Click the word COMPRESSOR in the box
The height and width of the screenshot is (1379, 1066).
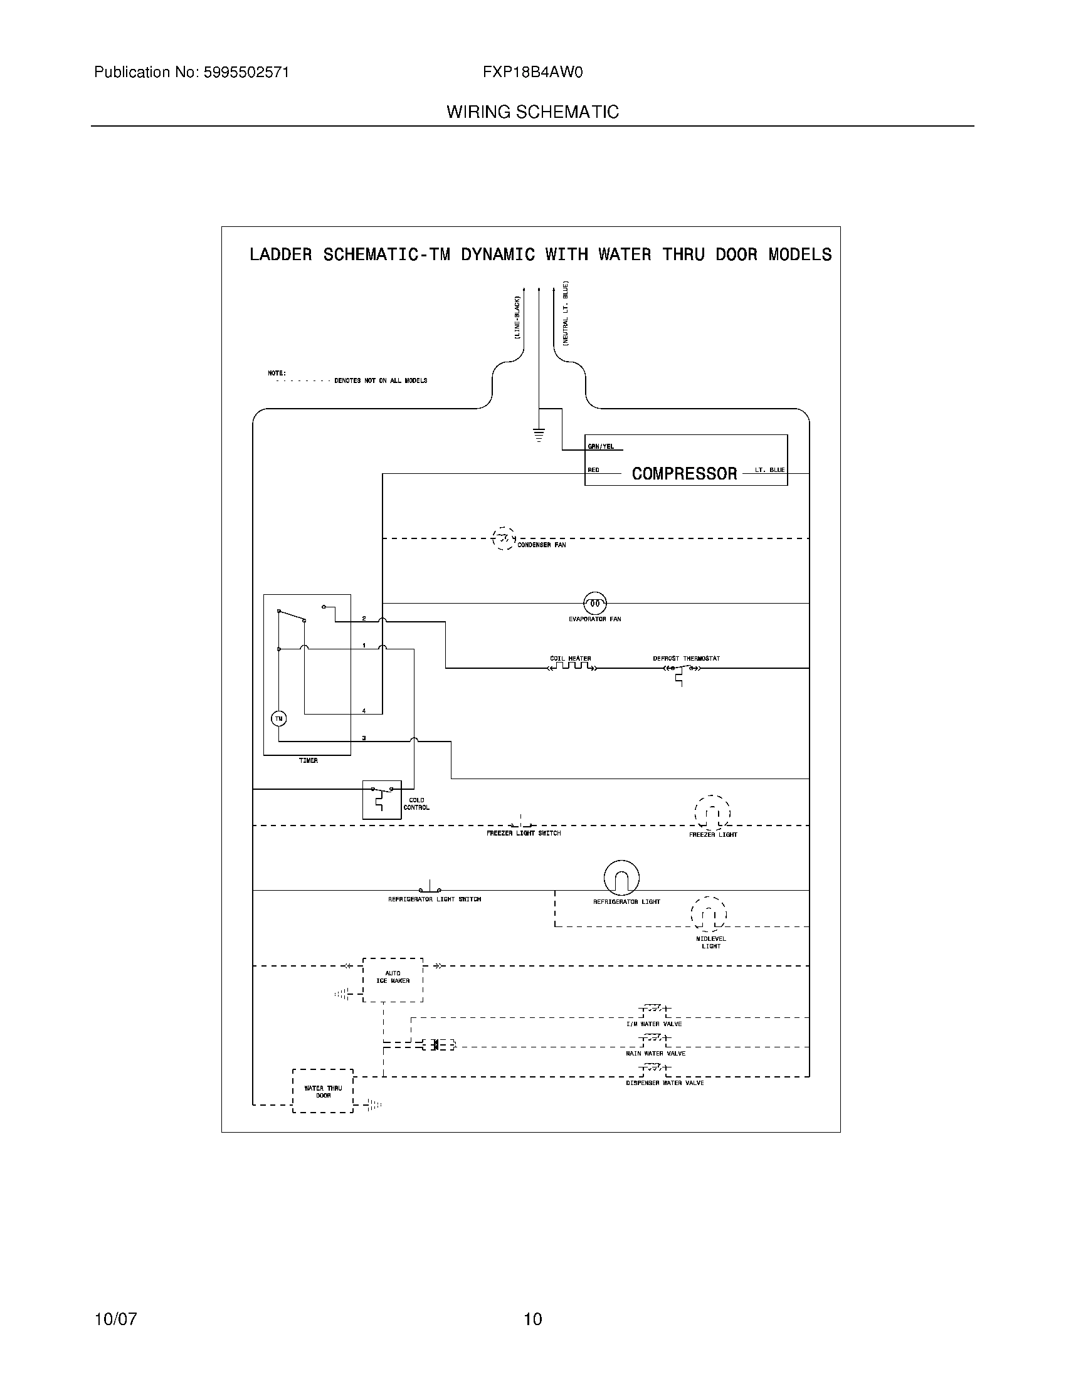tap(684, 473)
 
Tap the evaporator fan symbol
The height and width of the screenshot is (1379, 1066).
tap(594, 603)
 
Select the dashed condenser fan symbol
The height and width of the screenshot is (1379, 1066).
tap(503, 538)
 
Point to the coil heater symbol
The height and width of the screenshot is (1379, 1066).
tap(571, 666)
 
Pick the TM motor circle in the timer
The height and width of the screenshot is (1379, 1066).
tap(278, 718)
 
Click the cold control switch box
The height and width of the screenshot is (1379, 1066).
tap(381, 799)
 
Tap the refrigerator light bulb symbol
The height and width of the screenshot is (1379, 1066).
tap(621, 878)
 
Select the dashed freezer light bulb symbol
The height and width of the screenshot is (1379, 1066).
tap(712, 812)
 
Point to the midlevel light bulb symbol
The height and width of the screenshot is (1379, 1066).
tap(709, 914)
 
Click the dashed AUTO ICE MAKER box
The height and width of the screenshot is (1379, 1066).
tap(393, 979)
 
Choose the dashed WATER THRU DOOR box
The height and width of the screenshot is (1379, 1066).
tap(323, 1091)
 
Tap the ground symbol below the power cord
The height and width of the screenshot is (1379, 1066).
tap(539, 434)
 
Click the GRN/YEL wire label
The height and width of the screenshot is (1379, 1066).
tap(601, 446)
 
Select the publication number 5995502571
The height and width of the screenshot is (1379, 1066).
tap(246, 73)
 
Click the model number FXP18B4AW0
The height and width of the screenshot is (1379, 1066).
tap(532, 73)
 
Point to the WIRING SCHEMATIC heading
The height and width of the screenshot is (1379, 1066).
tap(532, 112)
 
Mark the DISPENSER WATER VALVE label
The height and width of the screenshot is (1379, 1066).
tap(664, 1083)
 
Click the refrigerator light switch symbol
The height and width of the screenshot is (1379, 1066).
tap(431, 887)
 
